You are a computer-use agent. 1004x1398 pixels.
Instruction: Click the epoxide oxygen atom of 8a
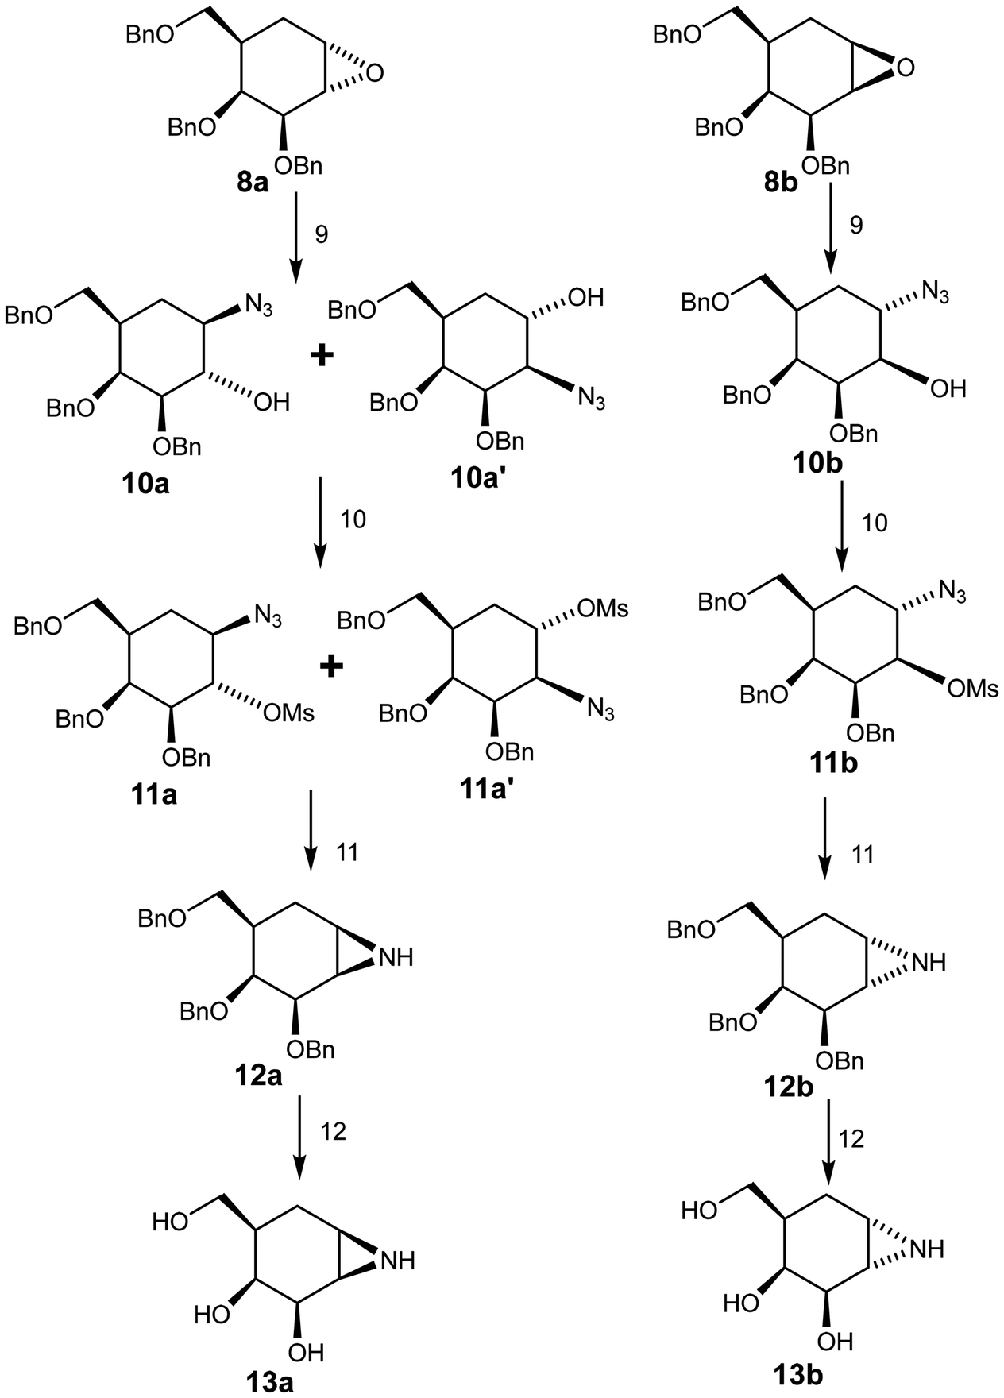coord(375,73)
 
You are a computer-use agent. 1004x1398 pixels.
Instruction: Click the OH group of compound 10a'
coord(585,299)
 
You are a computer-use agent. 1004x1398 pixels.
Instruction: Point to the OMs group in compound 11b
coord(973,688)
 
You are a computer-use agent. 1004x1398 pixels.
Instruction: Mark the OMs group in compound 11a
coord(288,713)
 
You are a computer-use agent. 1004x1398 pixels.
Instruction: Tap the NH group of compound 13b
coord(927,1249)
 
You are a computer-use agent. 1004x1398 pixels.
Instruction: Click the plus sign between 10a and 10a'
coord(322,356)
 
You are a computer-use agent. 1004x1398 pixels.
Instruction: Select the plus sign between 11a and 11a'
coord(330,666)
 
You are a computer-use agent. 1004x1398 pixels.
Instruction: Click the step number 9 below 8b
coord(855,226)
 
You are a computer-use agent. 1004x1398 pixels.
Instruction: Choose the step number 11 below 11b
coord(863,855)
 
